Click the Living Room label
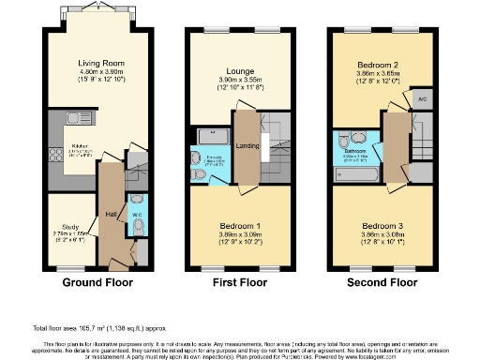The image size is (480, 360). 101,64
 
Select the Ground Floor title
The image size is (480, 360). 97,281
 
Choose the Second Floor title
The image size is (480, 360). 381,281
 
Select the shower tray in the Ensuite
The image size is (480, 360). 207,137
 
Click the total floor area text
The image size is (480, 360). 89,328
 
